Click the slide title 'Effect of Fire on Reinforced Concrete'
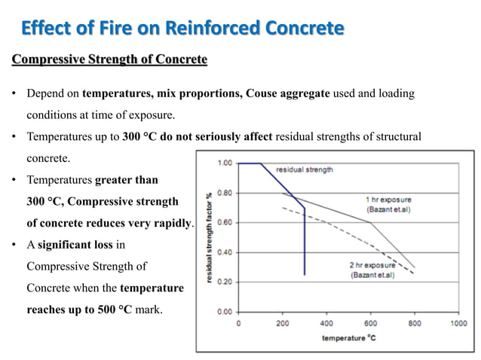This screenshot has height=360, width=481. pos(182,29)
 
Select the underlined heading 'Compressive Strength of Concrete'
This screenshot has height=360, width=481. pos(109,59)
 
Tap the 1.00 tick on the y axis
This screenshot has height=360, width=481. pos(224,163)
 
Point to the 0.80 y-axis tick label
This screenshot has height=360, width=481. pos(224,193)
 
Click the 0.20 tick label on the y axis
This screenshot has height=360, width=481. pos(224,282)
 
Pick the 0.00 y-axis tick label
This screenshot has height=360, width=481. pos(224,311)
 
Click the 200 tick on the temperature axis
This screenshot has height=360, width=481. pos(283,323)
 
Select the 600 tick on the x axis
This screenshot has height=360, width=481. pos(370,323)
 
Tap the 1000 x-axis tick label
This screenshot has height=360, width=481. pos(458,323)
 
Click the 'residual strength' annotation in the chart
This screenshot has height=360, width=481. pos(305,169)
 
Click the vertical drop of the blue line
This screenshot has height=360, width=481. pos(305,241)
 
